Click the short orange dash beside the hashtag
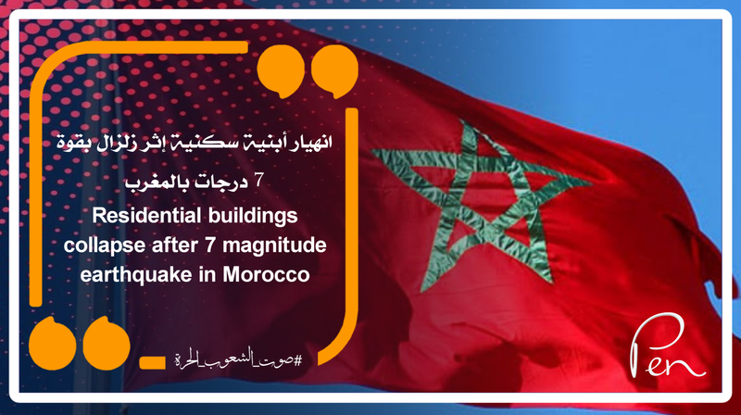[149, 359]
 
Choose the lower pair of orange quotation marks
[76, 344]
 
